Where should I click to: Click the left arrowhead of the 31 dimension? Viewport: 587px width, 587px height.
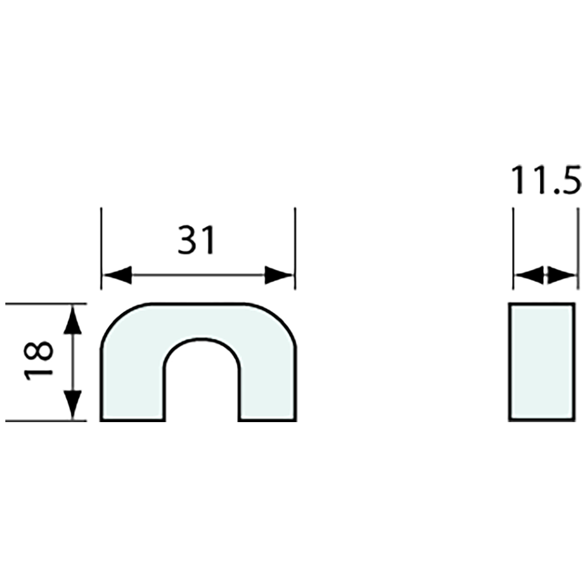coord(117,275)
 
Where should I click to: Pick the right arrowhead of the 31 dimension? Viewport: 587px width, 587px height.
coord(279,275)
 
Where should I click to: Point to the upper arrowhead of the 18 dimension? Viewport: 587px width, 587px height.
coord(73,320)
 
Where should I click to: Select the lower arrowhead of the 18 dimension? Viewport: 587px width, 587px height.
coord(73,404)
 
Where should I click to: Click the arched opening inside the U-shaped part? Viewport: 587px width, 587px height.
coord(201,384)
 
